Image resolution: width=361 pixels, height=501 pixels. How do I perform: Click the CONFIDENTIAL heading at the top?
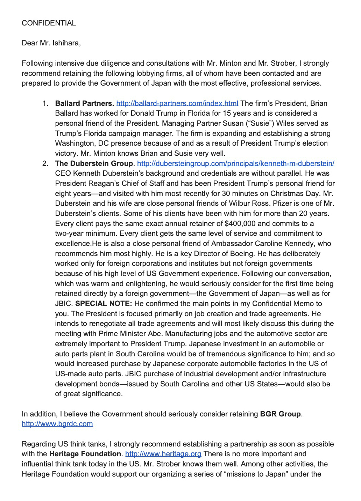49,23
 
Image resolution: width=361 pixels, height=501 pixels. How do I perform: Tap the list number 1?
45,103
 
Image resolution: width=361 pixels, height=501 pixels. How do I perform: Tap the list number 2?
45,164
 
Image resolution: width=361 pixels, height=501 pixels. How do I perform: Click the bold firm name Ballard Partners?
84,103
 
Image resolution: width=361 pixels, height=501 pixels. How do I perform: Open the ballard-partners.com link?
177,103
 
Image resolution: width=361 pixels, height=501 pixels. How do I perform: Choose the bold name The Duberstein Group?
94,164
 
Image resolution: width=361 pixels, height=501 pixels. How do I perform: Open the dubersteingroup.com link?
235,164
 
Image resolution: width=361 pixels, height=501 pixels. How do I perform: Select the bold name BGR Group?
280,414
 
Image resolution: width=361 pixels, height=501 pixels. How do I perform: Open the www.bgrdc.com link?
57,424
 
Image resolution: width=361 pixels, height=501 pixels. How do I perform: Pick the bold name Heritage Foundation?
85,454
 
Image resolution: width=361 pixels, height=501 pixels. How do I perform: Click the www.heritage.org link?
163,454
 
